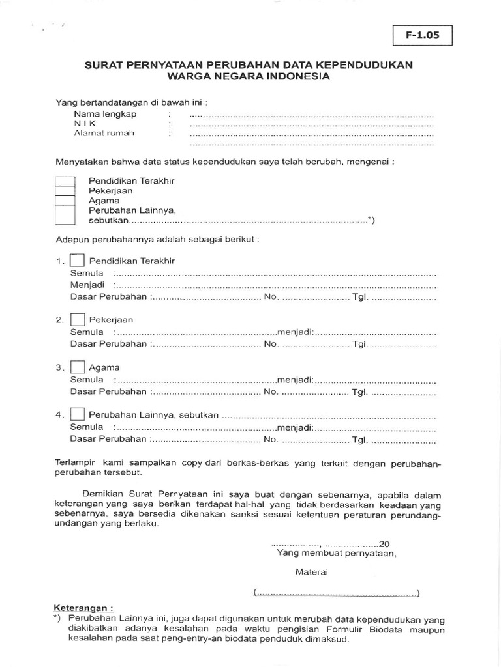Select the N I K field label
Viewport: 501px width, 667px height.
tap(85, 123)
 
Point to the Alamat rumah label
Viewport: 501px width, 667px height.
tap(104, 134)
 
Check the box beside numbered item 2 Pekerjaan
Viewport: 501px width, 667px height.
tap(78, 320)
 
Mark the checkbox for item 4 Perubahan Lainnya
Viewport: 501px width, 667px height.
tap(78, 414)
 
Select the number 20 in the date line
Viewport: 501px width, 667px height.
tap(384, 544)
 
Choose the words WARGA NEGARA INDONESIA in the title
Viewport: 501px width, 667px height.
tap(249, 76)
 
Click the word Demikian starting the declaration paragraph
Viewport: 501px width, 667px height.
tap(105, 494)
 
